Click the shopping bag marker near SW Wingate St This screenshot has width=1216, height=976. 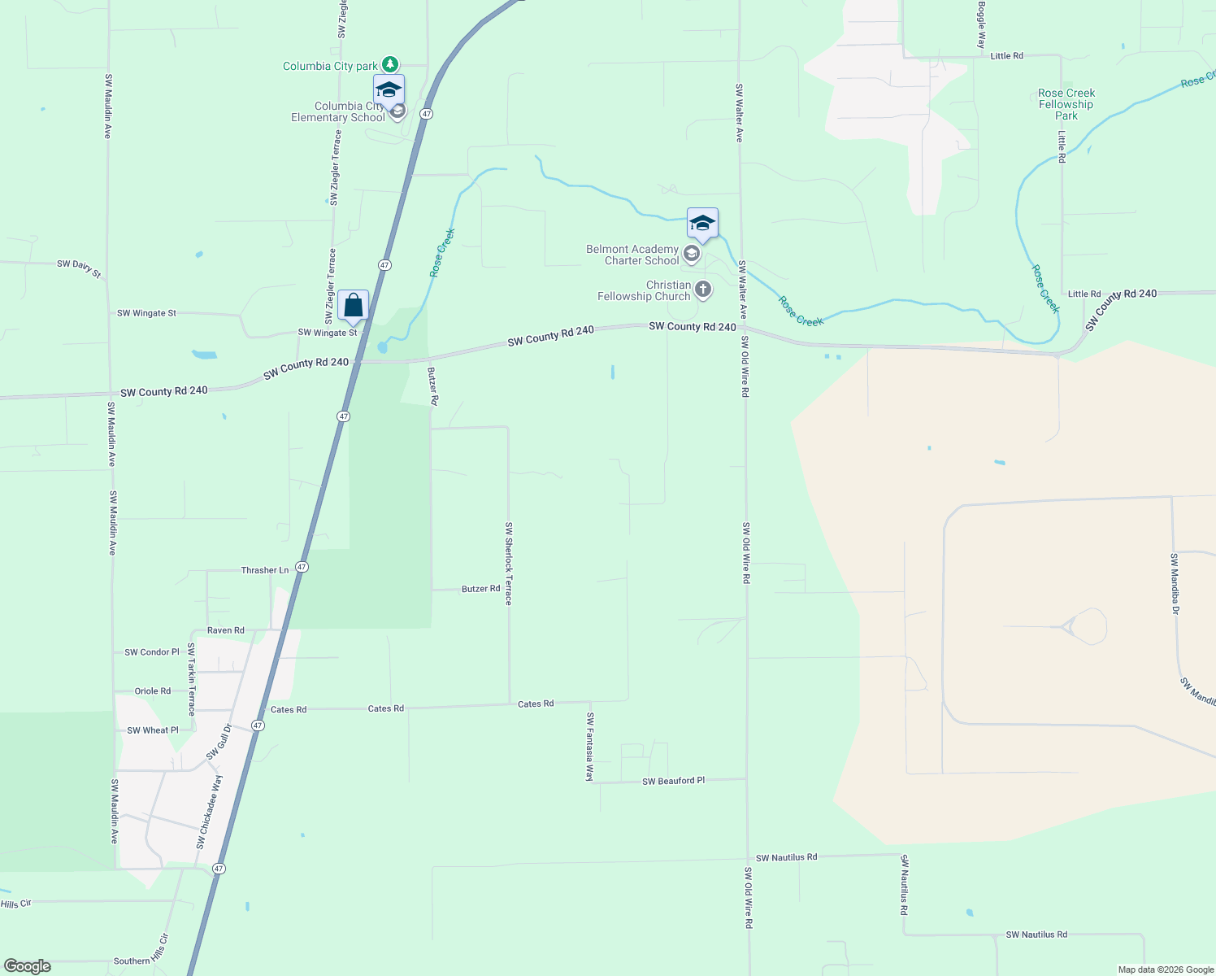tap(353, 306)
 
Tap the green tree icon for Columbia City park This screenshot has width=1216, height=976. tap(390, 64)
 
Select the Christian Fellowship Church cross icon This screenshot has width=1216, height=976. tap(703, 290)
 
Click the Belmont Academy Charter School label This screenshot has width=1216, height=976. tap(632, 255)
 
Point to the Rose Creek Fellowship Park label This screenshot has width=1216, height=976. tap(1066, 105)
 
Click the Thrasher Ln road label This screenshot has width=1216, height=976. tap(264, 570)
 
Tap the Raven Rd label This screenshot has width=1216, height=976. tap(225, 630)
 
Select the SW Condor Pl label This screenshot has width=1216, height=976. tap(151, 652)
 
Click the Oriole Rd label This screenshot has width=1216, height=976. tap(153, 691)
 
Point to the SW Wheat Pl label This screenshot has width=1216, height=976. tap(152, 730)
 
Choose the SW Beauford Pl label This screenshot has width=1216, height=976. tap(673, 781)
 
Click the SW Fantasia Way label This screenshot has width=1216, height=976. tap(590, 747)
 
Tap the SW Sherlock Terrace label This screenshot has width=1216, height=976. tap(509, 563)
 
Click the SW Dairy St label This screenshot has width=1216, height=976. tap(79, 268)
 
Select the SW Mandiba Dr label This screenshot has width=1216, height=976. tap(1175, 583)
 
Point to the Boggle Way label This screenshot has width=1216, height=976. tap(982, 24)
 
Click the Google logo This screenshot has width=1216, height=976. tap(28, 966)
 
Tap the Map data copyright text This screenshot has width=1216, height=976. tap(1166, 969)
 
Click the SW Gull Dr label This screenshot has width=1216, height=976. tap(219, 742)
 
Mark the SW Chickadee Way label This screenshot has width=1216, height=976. tap(209, 812)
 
